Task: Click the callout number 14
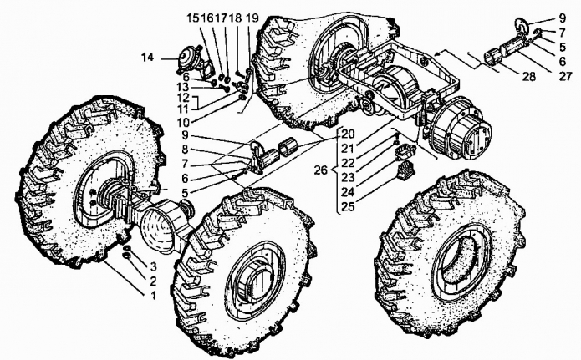(x=147, y=57)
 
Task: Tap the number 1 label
(x=153, y=296)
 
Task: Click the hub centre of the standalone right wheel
(x=462, y=255)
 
